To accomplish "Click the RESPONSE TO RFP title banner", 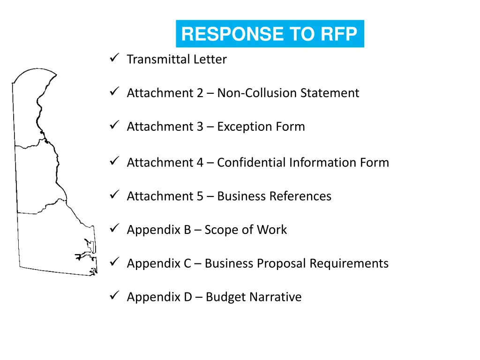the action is (x=270, y=34).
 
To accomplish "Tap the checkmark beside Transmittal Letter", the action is (x=113, y=58).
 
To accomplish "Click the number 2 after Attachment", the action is (x=200, y=93).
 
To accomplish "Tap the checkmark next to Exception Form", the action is (x=113, y=125).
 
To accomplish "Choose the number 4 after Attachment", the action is (x=200, y=162).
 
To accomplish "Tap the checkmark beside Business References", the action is (x=113, y=195).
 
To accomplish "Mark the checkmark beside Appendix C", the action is (x=113, y=262).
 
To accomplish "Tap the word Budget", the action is (x=225, y=297).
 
